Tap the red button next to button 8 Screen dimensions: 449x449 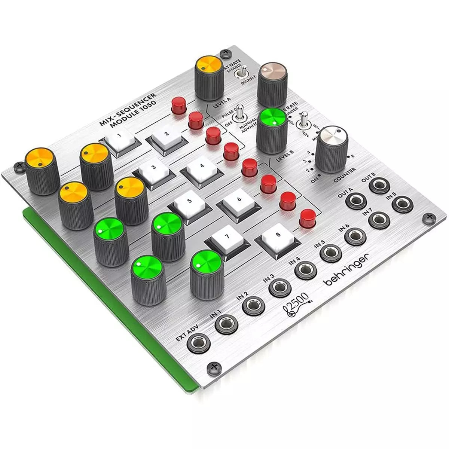[x=308, y=218]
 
